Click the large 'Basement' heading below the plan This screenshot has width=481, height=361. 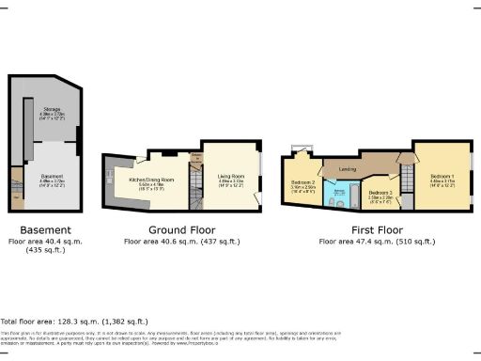46,229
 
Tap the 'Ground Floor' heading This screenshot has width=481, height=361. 177,229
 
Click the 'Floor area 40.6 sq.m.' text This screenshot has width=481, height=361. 177,242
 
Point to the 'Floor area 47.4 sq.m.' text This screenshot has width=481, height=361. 376,242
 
